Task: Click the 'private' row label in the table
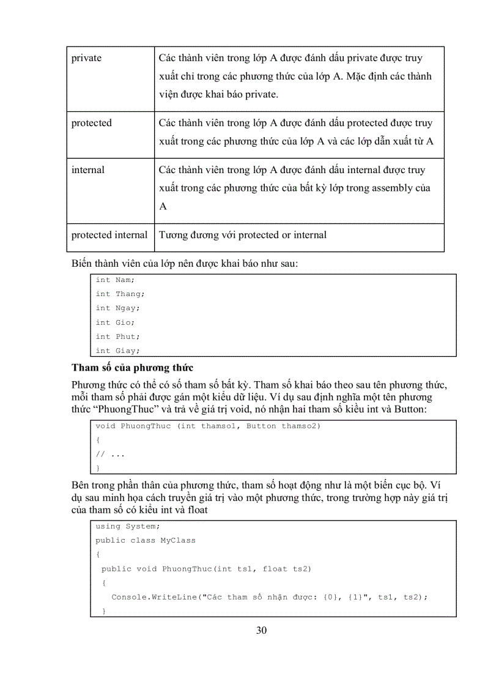(86, 58)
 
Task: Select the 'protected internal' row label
(109, 235)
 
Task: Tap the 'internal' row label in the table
(88, 170)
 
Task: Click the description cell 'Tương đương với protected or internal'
(243, 235)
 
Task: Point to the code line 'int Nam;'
(115, 280)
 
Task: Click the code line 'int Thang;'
(120, 294)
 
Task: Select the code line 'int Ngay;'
(117, 308)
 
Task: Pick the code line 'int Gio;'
(115, 322)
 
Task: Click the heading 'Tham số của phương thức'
(132, 368)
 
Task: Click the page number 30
(261, 631)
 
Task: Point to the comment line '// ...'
(110, 455)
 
